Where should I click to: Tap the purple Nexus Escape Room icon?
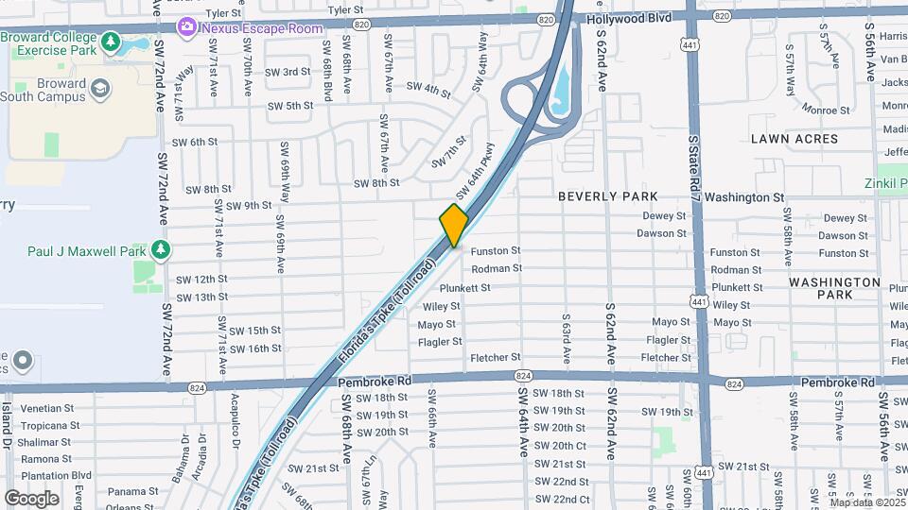187,25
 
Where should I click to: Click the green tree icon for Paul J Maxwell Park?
162,249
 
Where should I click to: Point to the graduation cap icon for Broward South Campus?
98,89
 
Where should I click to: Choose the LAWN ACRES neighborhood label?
794,139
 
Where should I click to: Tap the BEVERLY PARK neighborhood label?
607,196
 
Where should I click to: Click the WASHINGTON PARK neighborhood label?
834,288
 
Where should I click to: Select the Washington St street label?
744,197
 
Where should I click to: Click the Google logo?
31,498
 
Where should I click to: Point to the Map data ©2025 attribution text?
866,502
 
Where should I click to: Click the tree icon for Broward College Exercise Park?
112,42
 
